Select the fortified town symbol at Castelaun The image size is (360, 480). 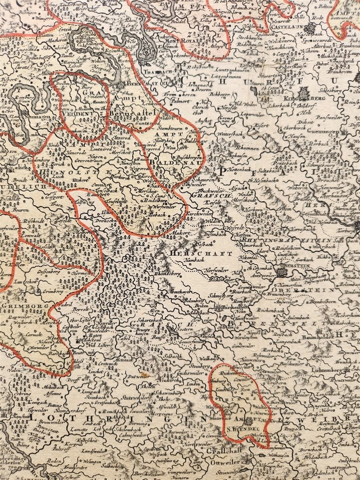click(309, 28)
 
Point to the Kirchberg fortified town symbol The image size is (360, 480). click(303, 93)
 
